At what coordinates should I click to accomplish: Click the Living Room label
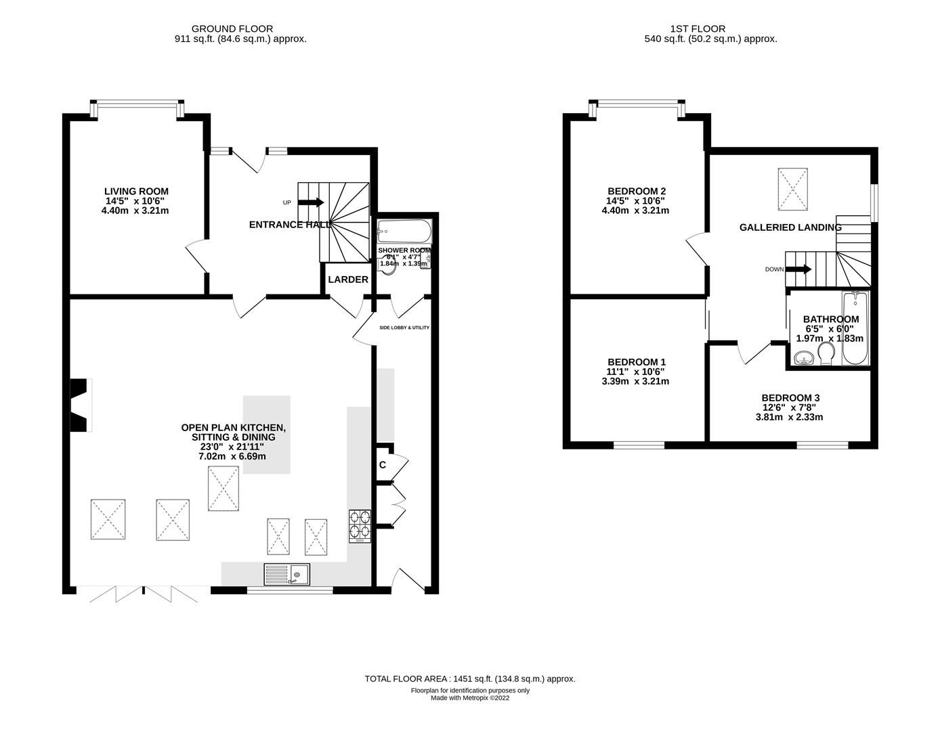pos(136,192)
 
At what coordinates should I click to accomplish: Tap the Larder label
pos(348,280)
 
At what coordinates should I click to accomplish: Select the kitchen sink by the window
pos(287,575)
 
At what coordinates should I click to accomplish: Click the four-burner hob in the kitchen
pos(360,523)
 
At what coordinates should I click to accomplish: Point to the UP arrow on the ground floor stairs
pos(311,202)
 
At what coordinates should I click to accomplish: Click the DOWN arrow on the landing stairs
pos(798,269)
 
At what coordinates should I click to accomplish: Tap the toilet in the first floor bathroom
pos(826,353)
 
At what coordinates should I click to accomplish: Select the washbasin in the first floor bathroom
pos(805,357)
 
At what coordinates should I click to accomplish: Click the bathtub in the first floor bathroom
pos(855,328)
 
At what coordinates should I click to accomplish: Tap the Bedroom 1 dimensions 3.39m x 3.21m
pos(635,381)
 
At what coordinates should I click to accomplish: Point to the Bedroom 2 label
pos(636,191)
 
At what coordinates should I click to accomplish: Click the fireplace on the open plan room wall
pos(81,405)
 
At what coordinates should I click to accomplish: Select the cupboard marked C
pos(383,465)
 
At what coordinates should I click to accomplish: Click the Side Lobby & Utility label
pos(404,328)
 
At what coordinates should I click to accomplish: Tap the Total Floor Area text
pos(469,678)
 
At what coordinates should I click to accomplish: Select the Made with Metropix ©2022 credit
pos(469,698)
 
